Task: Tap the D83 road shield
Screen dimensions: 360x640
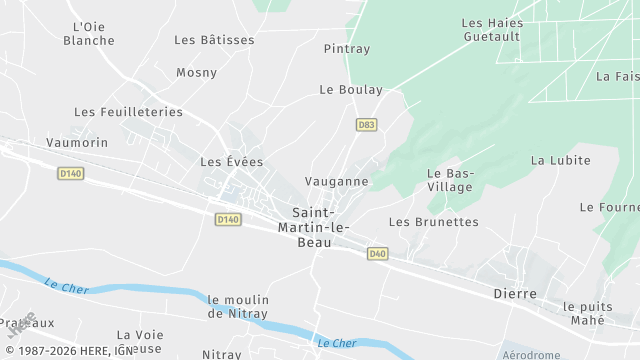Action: [367, 125]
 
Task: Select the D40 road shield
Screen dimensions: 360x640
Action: [377, 254]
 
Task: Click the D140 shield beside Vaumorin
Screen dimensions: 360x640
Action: [69, 173]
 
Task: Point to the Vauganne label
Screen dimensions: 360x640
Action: [336, 182]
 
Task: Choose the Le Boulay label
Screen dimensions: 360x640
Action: [351, 89]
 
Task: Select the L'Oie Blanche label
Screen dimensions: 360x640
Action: [89, 34]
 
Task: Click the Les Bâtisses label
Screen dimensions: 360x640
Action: [214, 40]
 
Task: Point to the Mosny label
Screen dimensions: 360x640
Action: [196, 72]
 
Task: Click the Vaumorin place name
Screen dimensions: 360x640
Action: [77, 143]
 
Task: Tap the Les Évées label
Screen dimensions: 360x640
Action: [231, 161]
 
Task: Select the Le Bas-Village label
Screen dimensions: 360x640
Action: [450, 180]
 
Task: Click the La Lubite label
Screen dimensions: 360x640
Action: [561, 160]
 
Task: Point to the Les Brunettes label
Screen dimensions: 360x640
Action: [434, 222]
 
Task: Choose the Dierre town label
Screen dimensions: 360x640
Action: [515, 294]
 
